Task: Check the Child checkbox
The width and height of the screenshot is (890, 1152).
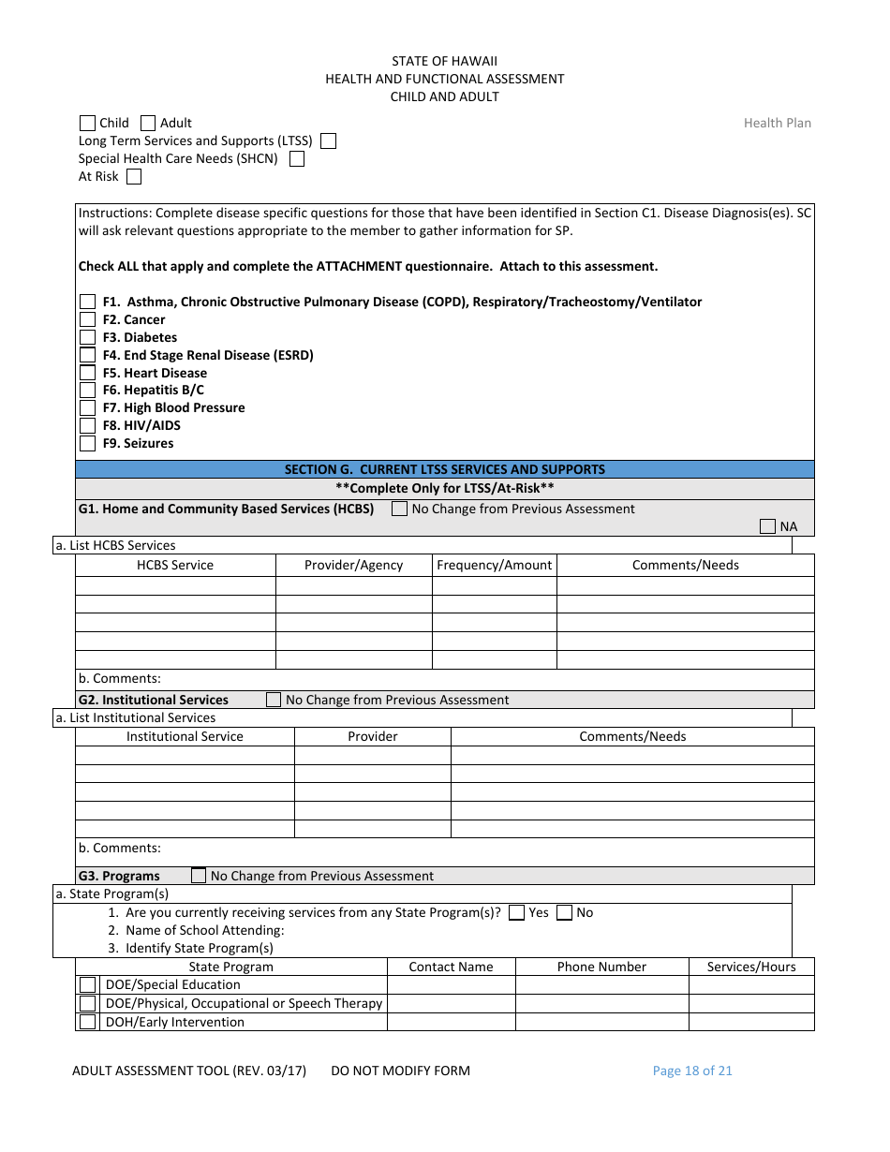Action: (x=87, y=123)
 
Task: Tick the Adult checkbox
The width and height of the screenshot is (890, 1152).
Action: (x=148, y=123)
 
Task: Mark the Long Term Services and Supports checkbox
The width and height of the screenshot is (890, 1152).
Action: (x=328, y=140)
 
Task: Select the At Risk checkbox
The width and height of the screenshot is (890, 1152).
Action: (x=134, y=176)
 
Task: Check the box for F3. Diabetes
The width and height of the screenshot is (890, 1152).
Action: (x=87, y=337)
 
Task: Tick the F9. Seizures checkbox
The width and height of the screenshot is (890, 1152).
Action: (x=87, y=443)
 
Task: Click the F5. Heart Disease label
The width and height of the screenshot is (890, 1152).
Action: (x=155, y=373)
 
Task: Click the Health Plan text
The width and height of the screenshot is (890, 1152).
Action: (x=777, y=123)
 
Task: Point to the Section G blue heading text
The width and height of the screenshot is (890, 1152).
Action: (x=445, y=469)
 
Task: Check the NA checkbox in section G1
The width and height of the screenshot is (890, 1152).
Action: (x=767, y=526)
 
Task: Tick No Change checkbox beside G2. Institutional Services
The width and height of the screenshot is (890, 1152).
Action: (x=274, y=700)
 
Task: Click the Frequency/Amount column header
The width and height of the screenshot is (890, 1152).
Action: (x=494, y=565)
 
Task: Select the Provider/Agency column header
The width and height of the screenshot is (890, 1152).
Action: (x=353, y=565)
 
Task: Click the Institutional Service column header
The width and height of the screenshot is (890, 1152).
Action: (x=185, y=736)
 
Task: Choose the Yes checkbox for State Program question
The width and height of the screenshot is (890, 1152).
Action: (x=516, y=912)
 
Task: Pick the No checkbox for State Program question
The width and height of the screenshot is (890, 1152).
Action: (x=564, y=912)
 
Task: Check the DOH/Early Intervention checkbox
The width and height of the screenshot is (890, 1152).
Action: (x=87, y=1022)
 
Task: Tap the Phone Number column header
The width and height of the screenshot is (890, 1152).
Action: (x=601, y=967)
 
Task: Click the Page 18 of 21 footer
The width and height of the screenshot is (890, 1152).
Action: (x=692, y=1071)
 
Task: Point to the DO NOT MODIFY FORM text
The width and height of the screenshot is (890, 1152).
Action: (x=400, y=1071)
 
